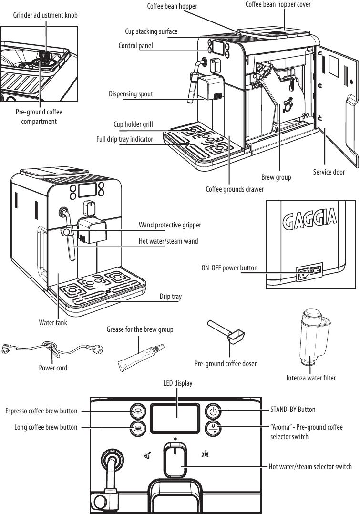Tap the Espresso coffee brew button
pos(138,411)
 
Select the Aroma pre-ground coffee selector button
pos(213,427)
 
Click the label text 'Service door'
pos(329,172)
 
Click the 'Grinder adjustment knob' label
pos(45,15)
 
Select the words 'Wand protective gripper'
pos(170,225)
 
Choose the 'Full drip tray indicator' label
pos(124,139)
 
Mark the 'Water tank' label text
pos(53,323)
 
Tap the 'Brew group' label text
pos(276,177)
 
